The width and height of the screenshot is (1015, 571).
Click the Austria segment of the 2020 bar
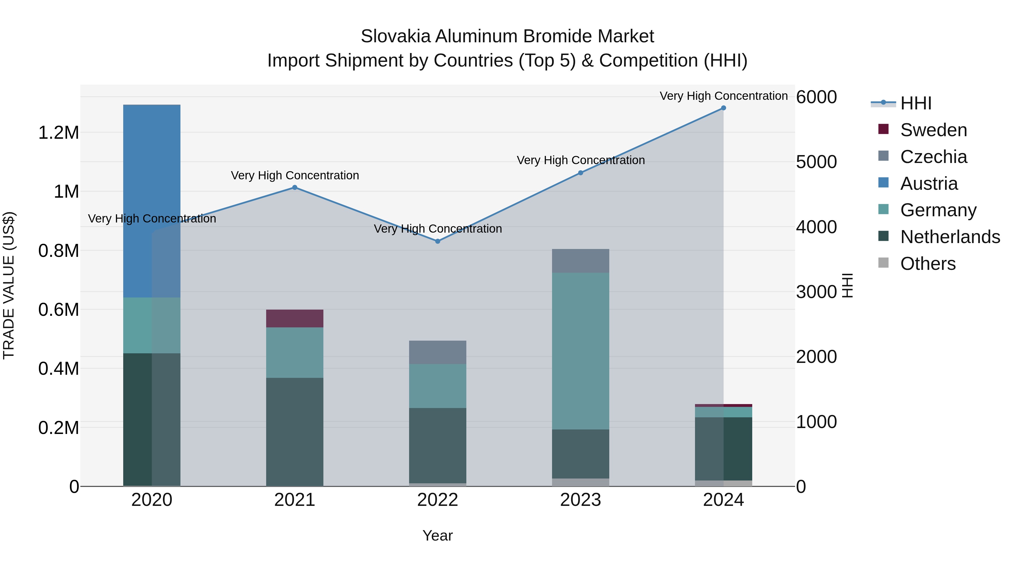click(152, 201)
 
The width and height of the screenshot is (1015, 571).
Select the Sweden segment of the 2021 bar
click(294, 318)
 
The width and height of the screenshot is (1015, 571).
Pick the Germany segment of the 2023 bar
click(581, 351)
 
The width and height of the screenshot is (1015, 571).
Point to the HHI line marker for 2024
click(723, 108)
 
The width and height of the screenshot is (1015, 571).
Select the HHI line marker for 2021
click(294, 188)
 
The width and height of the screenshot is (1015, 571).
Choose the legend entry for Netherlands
click(950, 237)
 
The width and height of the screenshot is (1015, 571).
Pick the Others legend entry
click(928, 264)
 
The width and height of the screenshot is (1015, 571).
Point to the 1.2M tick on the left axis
click(59, 133)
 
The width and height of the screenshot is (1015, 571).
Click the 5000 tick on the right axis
click(816, 162)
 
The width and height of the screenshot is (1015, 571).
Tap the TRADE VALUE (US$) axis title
click(9, 285)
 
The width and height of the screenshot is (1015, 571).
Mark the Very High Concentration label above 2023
click(581, 160)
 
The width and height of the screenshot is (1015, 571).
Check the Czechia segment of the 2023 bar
click(581, 261)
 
